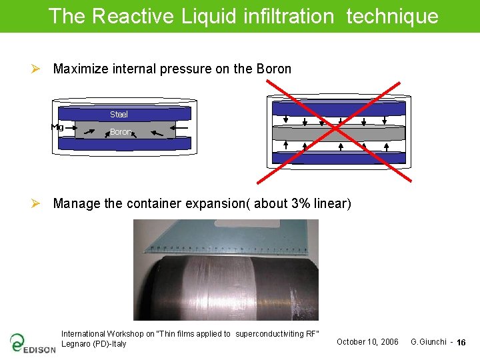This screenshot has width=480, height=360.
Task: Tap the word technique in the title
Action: point(392,16)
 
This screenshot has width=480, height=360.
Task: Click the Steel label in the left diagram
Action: point(119,115)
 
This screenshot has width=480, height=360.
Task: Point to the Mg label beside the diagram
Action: point(57,127)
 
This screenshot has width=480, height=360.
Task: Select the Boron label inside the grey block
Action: point(121,132)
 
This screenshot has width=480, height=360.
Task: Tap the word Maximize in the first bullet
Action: point(81,69)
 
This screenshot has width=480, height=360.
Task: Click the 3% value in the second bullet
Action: point(301,203)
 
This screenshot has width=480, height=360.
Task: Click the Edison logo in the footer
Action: point(33,343)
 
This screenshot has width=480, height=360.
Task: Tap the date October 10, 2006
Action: point(367,342)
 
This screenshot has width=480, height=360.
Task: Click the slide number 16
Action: point(461,343)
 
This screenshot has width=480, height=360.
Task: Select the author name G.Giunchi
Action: point(428,342)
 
